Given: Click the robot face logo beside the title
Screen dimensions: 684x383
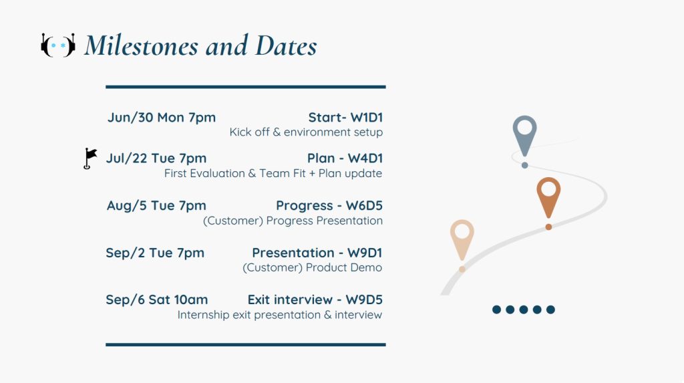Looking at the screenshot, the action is coord(58,45).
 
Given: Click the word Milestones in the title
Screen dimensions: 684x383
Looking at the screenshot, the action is coord(142,45).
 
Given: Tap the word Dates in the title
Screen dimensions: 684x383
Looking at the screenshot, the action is coord(286,45).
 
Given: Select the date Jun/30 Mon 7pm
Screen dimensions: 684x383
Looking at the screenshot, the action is coord(162,118).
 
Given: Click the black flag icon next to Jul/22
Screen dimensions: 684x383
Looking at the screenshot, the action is coord(90,158).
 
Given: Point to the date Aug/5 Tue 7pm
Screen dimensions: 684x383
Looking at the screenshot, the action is coord(156,205).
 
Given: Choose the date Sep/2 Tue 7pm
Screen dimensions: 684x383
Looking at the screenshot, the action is coord(155,253).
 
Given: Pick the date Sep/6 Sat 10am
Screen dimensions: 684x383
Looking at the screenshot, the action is coord(156,299).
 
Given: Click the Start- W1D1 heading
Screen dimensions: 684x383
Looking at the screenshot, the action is coord(345,118).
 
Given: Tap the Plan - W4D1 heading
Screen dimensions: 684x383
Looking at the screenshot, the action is coord(345,158).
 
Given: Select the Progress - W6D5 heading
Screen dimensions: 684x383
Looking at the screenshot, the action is coord(329,205).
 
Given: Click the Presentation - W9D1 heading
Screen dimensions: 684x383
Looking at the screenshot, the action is coord(317,253).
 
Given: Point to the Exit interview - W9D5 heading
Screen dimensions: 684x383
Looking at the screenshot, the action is coord(315,299).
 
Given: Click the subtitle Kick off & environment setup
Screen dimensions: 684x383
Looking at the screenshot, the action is coord(306,132).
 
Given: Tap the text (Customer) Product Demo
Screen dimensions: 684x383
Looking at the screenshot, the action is coord(313,267).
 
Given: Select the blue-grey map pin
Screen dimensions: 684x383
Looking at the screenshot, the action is coord(525,136).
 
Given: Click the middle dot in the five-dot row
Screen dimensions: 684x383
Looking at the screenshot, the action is coord(524,309).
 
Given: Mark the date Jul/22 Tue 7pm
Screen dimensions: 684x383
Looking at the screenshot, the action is coord(156,158).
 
